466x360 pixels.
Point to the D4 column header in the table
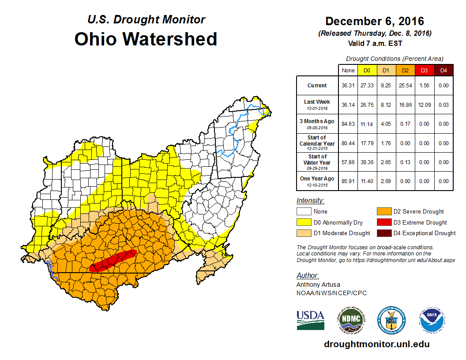tap(443, 70)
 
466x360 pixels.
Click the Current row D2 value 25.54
tap(405, 86)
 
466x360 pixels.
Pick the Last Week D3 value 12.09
tap(425, 105)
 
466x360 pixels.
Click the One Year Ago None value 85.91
tap(348, 181)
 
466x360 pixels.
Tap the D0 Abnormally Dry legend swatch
tap(304, 222)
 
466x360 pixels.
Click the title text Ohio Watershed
tap(146, 39)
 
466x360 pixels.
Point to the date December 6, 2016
tap(375, 21)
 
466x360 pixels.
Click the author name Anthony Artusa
tap(318, 285)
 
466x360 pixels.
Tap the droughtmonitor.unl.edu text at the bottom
tap(376, 344)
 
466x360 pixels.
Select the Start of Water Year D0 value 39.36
tap(367, 162)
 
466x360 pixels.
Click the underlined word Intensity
tap(310, 201)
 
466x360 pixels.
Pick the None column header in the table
tap(348, 70)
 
